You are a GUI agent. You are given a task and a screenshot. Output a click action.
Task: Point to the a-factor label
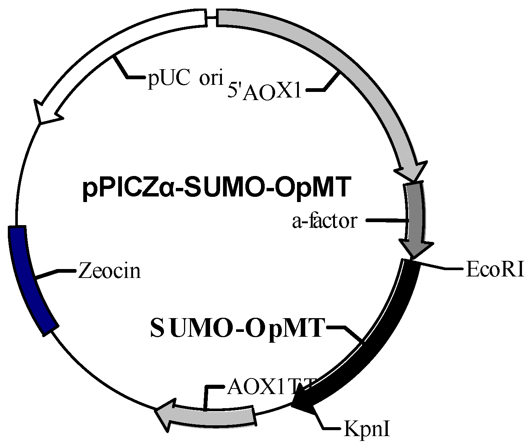tap(325, 221)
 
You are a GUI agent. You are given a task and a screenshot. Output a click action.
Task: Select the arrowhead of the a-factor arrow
tap(415, 249)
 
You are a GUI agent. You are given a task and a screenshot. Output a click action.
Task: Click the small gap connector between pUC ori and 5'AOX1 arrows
tap(212, 17)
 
